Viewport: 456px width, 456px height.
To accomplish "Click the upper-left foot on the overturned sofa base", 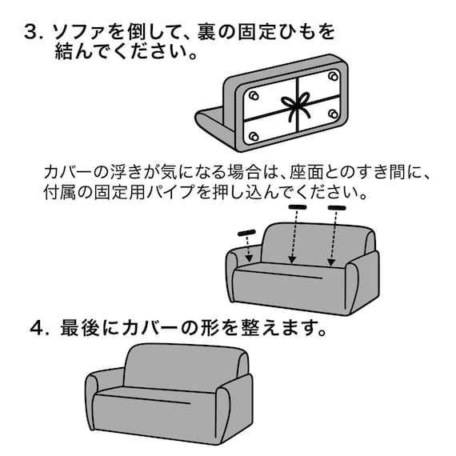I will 254,96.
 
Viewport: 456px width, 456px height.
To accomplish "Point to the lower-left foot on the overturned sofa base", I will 254,137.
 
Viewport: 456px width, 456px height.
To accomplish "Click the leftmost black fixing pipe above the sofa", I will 246,233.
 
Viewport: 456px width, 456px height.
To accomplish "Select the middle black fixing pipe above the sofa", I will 298,208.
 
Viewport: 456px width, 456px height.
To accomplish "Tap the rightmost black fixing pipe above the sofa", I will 336,209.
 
